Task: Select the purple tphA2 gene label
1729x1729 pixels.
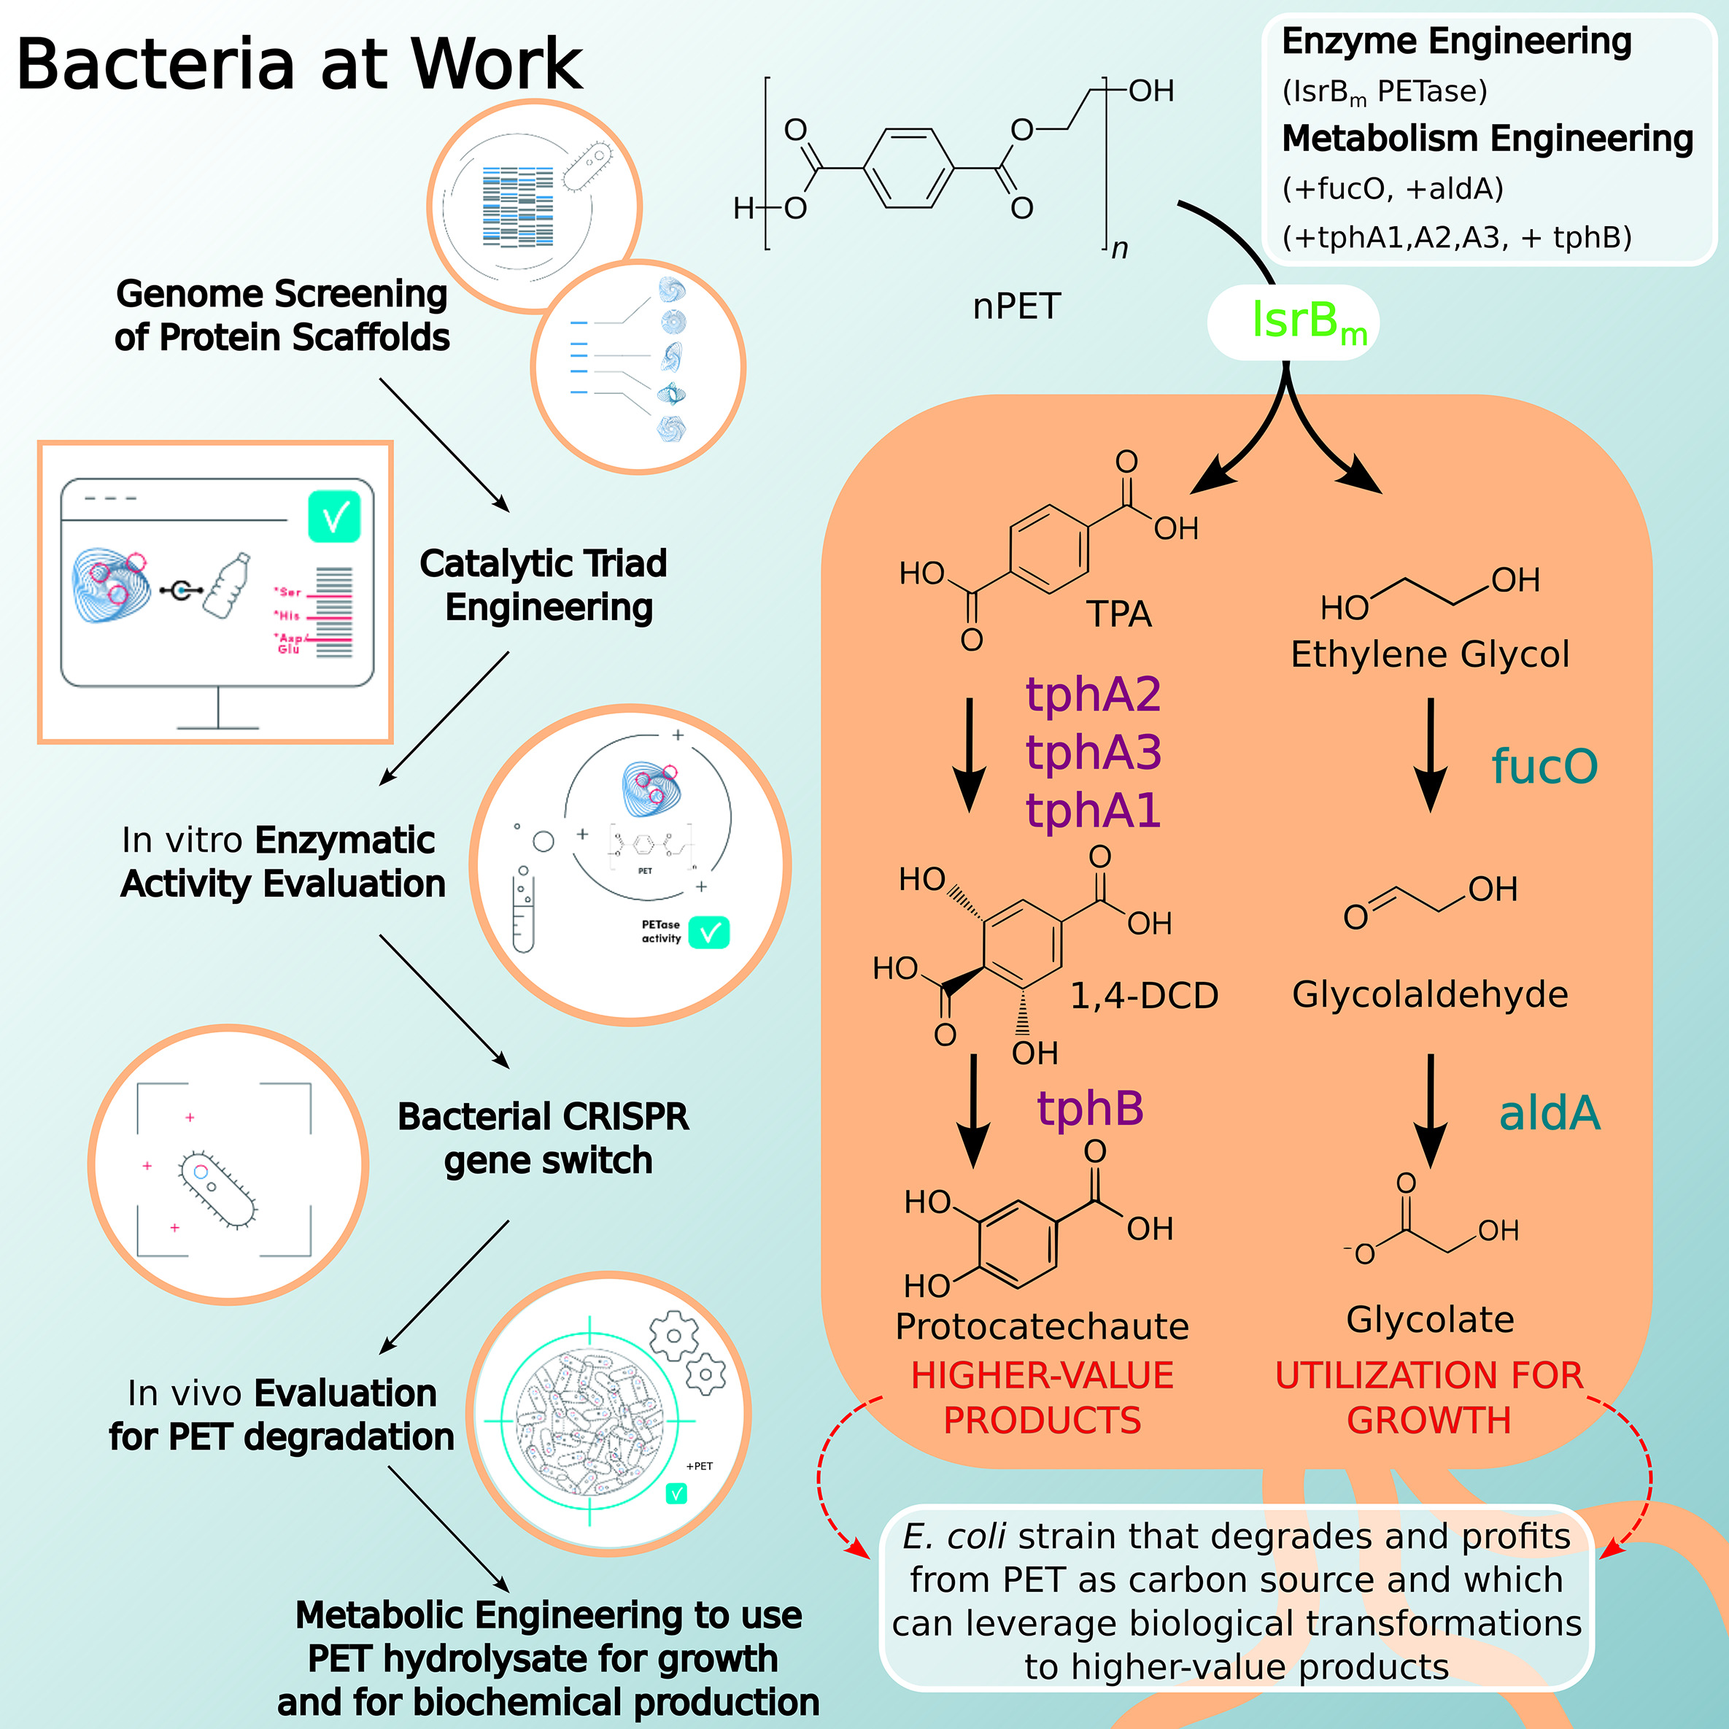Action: (x=1093, y=695)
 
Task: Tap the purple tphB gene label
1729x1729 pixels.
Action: (x=1090, y=1108)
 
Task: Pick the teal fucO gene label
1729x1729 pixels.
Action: (x=1544, y=766)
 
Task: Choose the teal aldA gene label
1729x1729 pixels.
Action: (x=1549, y=1113)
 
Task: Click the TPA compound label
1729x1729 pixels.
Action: (x=1118, y=614)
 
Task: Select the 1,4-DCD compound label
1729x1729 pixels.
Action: (x=1144, y=995)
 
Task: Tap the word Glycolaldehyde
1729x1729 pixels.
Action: (x=1429, y=994)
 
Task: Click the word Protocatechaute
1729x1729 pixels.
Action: (x=1042, y=1326)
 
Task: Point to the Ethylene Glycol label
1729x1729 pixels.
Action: (x=1429, y=654)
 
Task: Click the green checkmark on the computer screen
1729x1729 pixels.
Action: (x=334, y=517)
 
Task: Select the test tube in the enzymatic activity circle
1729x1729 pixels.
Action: (x=522, y=912)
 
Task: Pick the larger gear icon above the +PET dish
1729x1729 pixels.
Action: (x=674, y=1336)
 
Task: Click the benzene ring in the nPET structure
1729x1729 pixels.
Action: (x=908, y=169)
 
